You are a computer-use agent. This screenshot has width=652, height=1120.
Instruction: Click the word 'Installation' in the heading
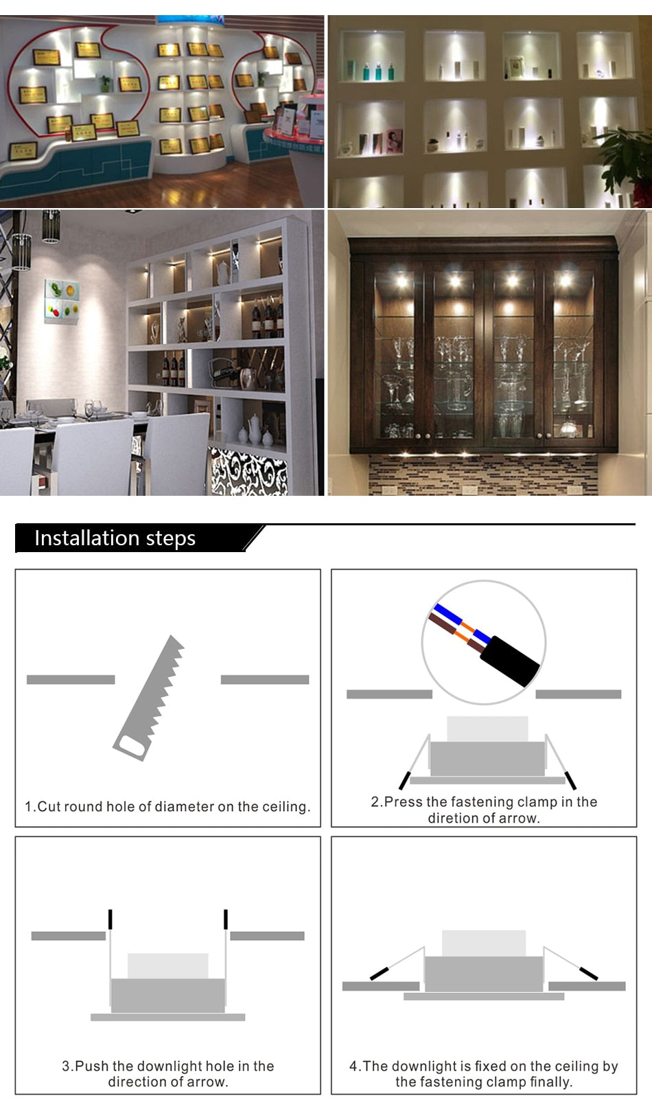pyautogui.click(x=76, y=538)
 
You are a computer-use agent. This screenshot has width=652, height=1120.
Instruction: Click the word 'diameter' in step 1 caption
pyautogui.click(x=185, y=806)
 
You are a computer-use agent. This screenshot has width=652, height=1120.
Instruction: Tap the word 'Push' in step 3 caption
pyautogui.click(x=91, y=1066)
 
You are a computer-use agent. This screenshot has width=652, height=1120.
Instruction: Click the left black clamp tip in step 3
pyautogui.click(x=110, y=919)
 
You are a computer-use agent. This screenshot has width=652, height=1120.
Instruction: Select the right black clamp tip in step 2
pyautogui.click(x=570, y=780)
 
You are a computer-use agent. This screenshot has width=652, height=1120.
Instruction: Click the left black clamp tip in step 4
pyautogui.click(x=379, y=972)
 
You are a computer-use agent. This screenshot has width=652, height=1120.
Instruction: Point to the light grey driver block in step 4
pyautogui.click(x=483, y=943)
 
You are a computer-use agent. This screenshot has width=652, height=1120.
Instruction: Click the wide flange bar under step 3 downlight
pyautogui.click(x=167, y=1017)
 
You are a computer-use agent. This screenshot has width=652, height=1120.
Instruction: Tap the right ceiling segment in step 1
pyautogui.click(x=264, y=679)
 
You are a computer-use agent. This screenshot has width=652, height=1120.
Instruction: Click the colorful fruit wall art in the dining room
pyautogui.click(x=61, y=300)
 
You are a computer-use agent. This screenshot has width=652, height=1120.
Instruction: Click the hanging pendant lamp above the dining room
pyautogui.click(x=51, y=227)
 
